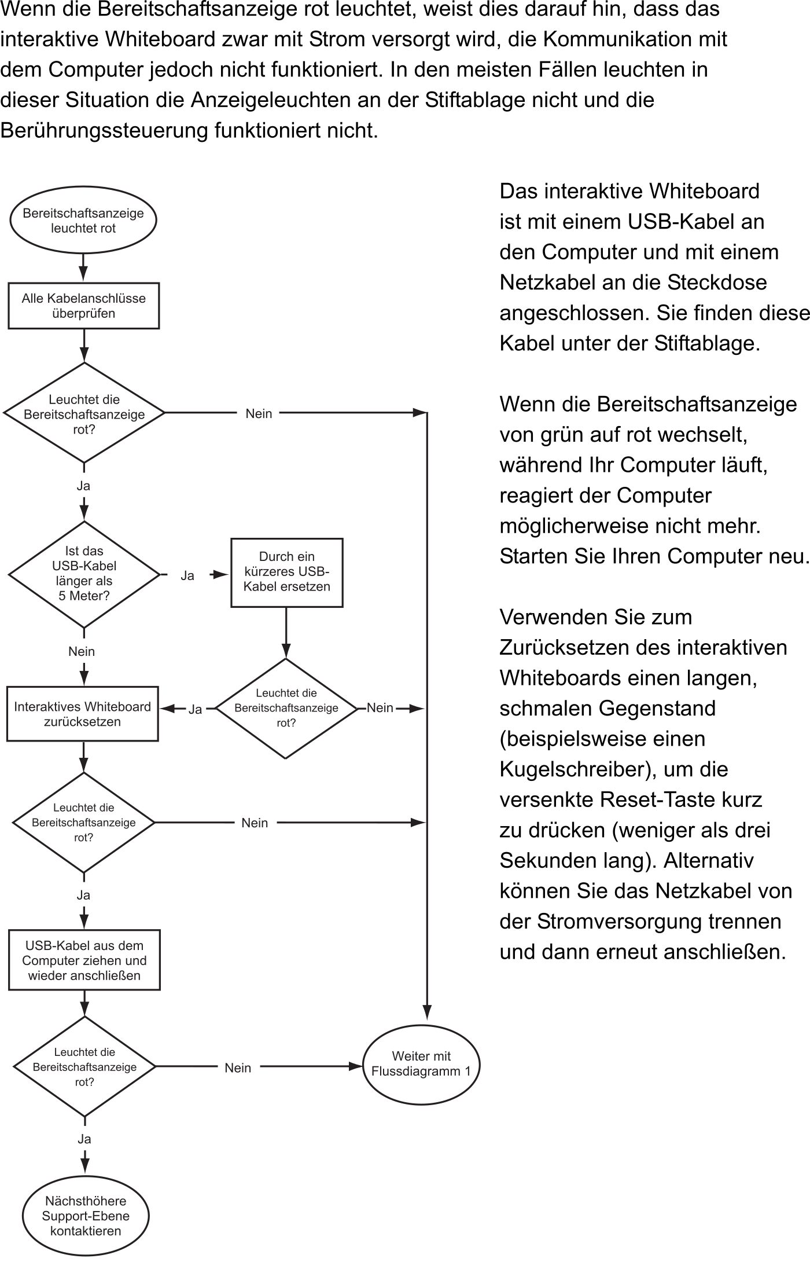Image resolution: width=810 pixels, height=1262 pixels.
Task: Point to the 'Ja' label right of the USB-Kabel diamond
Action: [187, 575]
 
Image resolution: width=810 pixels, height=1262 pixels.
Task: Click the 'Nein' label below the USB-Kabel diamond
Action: [82, 651]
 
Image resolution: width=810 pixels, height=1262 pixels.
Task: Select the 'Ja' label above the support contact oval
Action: [84, 1139]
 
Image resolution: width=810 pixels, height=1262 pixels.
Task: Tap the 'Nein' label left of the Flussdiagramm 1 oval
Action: [238, 1068]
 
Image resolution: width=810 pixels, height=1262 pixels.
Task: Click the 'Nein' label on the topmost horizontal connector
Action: [259, 413]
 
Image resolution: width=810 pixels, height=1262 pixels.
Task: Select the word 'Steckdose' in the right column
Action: [717, 283]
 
